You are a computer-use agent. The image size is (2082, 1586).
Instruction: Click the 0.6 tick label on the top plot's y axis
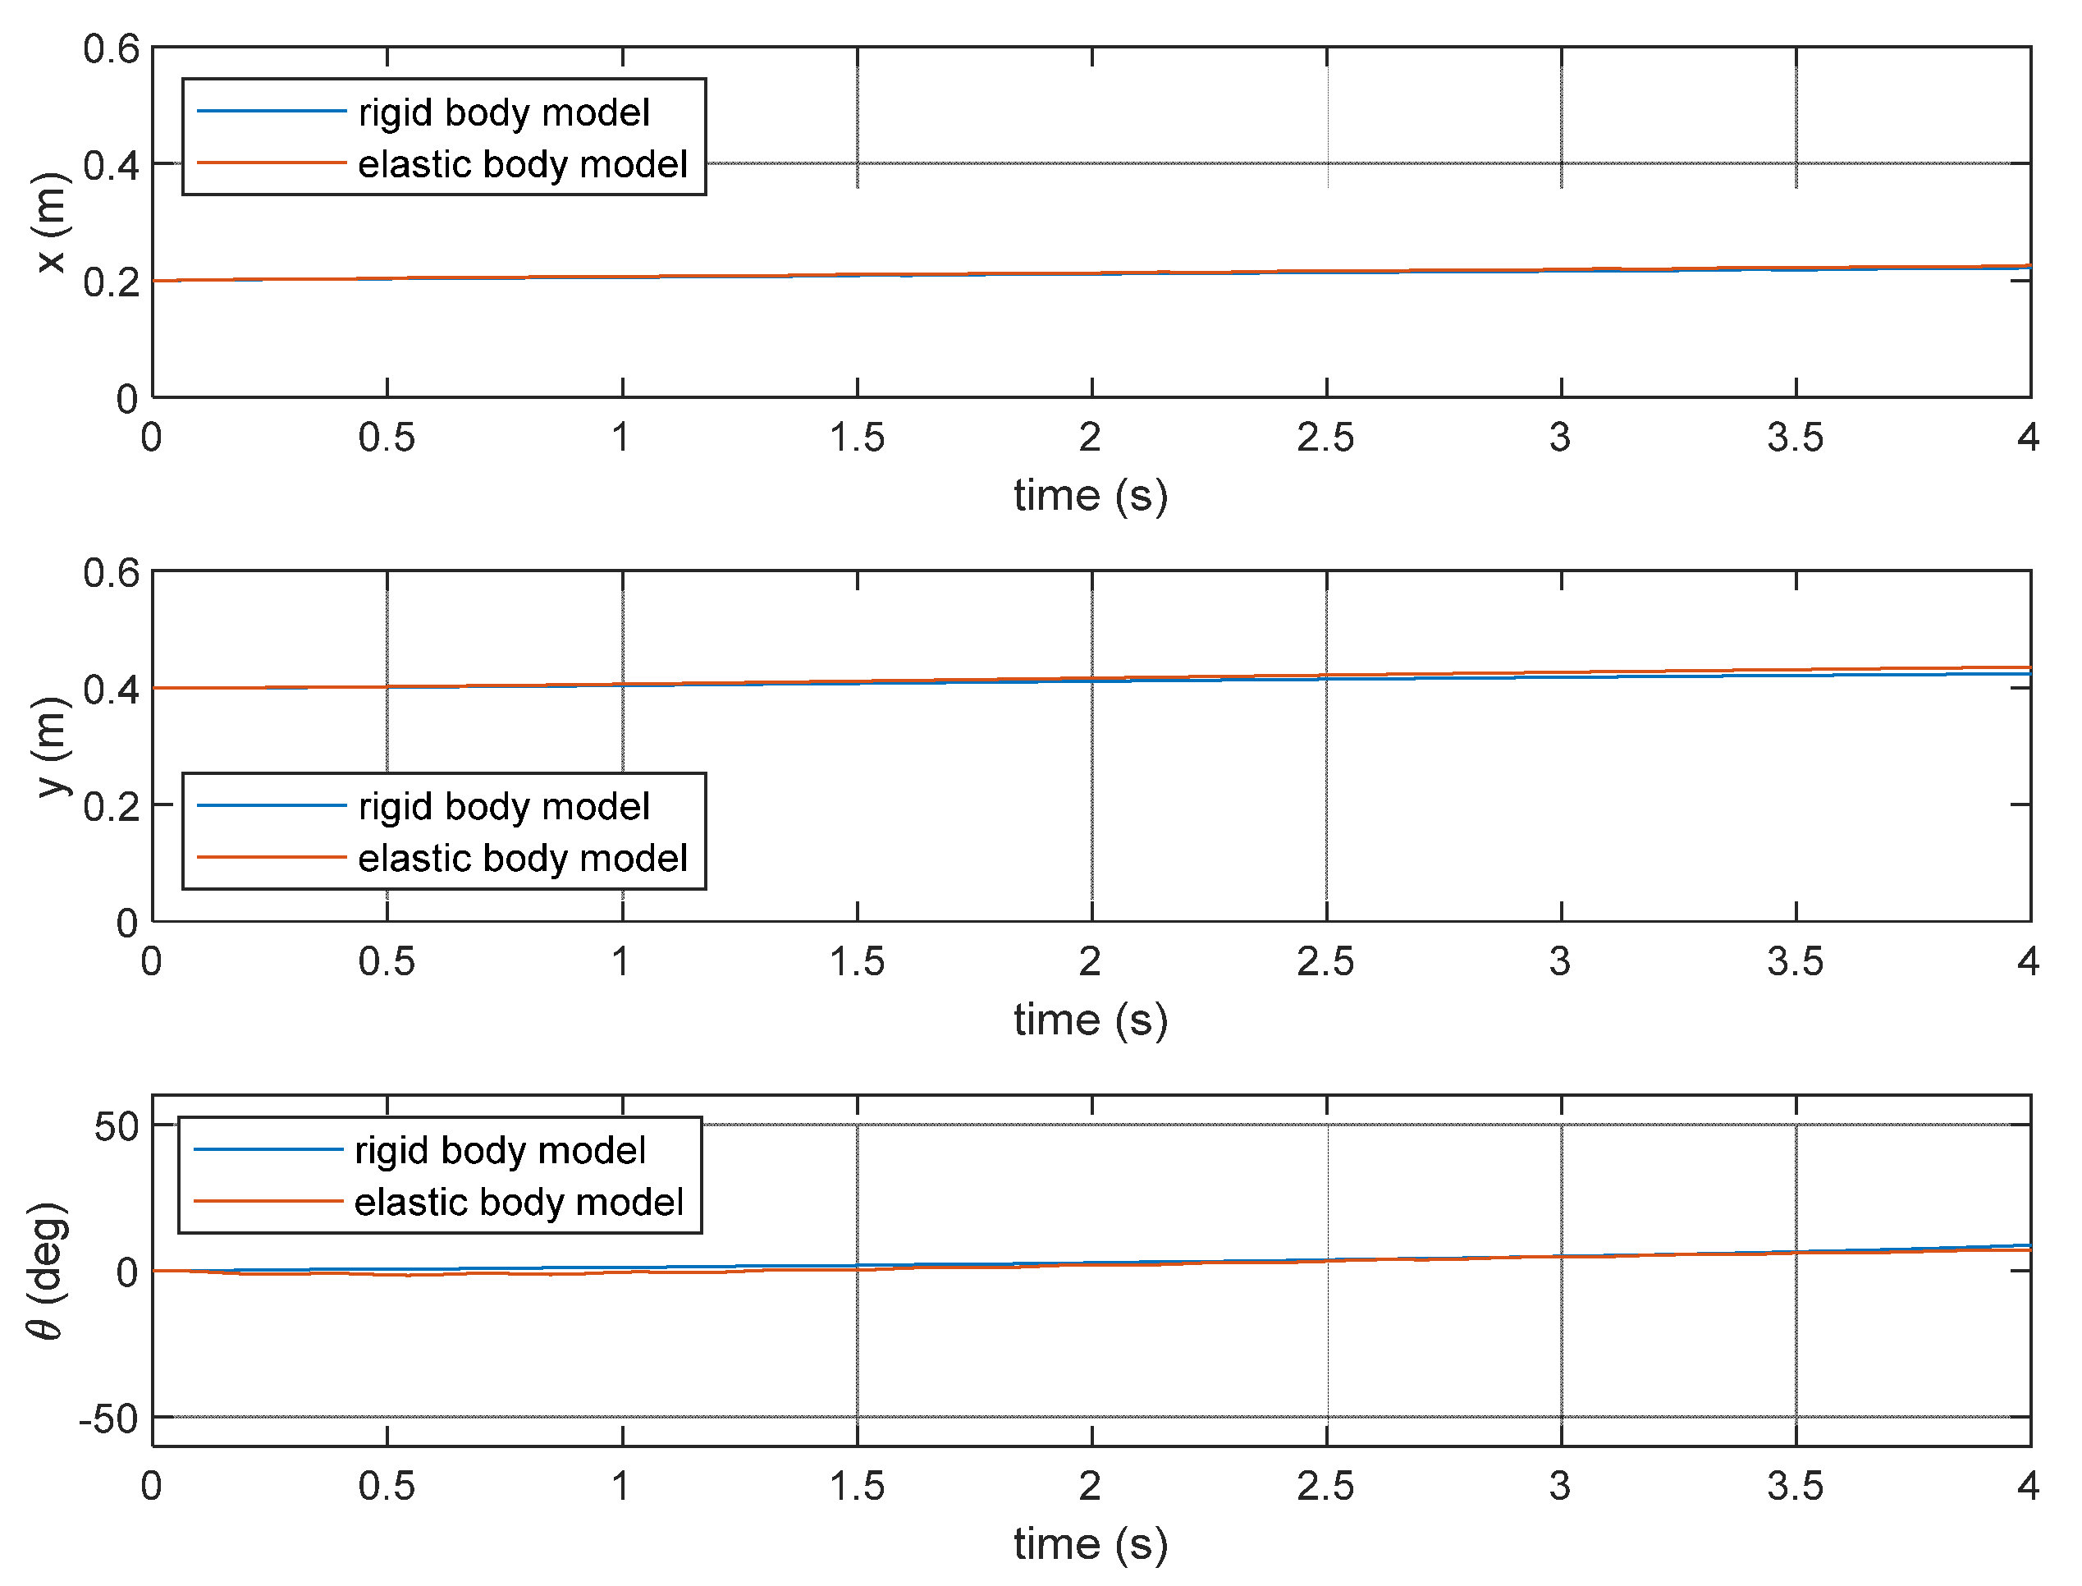[111, 49]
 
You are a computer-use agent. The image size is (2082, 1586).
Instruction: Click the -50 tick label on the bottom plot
[108, 1419]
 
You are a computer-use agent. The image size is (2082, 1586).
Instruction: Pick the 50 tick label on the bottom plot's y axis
[116, 1126]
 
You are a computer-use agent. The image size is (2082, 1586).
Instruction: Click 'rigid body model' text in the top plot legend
[504, 112]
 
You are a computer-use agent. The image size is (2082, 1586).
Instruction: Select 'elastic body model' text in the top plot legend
[523, 164]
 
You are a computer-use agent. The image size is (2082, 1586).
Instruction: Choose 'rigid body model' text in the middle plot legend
[504, 806]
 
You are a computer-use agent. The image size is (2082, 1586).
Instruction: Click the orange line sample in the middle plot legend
[272, 857]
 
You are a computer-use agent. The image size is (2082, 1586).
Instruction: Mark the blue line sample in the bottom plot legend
[268, 1149]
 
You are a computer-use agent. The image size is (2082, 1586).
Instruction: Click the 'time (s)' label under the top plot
[1091, 496]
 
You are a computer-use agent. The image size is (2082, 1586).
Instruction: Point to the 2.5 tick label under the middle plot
[1325, 962]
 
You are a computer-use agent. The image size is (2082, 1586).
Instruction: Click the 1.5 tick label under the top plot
[857, 438]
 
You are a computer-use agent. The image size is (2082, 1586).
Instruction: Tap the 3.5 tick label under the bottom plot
[1795, 1487]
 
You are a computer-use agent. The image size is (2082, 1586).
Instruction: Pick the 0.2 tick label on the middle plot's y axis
[111, 806]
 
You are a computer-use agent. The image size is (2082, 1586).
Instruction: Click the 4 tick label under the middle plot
[2028, 962]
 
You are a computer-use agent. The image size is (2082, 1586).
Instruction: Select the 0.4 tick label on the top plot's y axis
[111, 165]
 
